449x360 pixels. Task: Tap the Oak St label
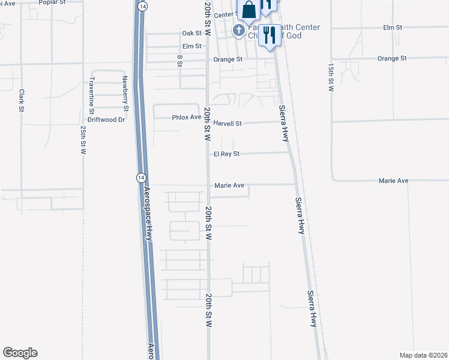click(x=191, y=33)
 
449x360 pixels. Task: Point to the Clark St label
click(x=21, y=100)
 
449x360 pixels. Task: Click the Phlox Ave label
click(x=186, y=117)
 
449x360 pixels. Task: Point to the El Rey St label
click(x=226, y=154)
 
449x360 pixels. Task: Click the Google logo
click(x=20, y=353)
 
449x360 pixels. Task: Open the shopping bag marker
click(x=249, y=10)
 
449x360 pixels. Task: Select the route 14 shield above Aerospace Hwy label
click(x=140, y=178)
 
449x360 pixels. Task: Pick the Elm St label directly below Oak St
click(x=191, y=46)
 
